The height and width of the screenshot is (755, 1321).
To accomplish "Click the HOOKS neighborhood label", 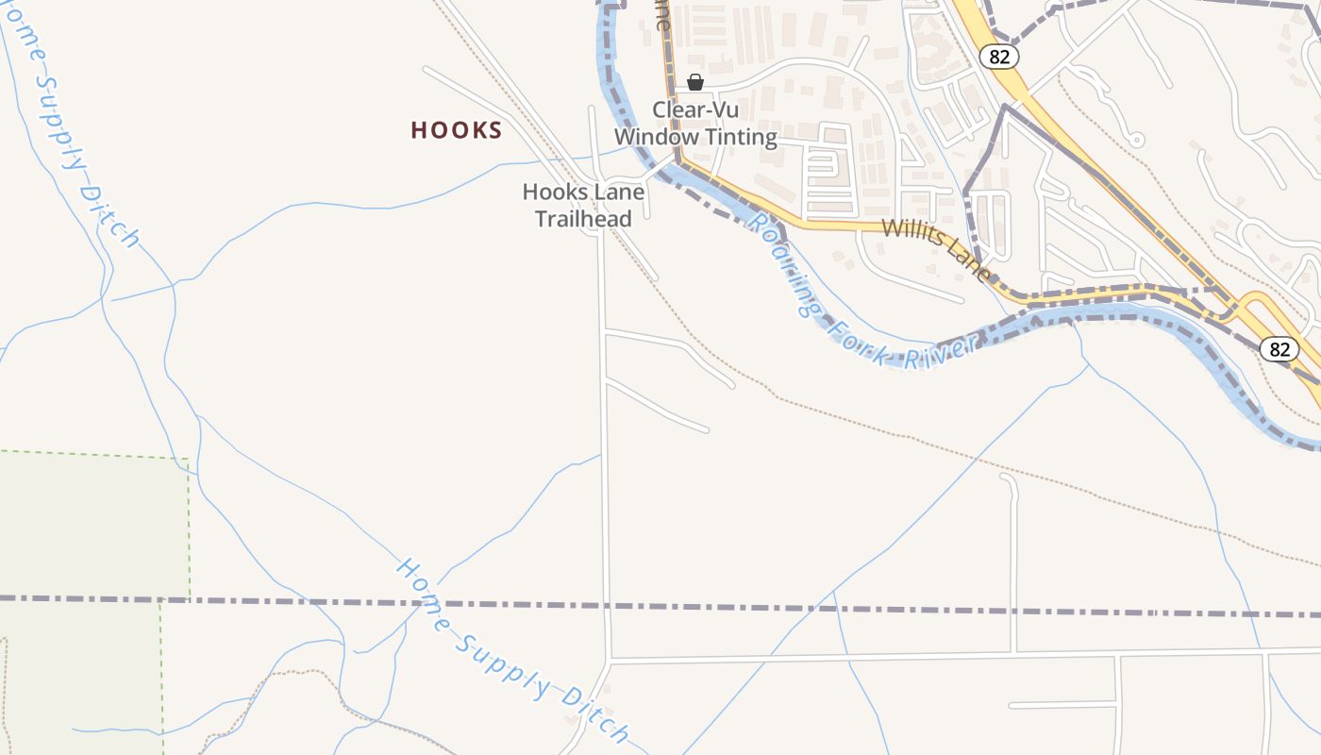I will click(x=456, y=130).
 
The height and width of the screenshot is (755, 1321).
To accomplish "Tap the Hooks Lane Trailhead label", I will click(x=583, y=206).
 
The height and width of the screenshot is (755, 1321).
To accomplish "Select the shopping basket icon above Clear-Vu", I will click(x=695, y=82).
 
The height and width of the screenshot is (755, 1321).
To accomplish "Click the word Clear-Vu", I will click(x=695, y=109).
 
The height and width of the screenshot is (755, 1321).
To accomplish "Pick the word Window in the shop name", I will click(x=655, y=138).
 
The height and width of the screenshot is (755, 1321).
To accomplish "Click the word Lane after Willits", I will click(x=971, y=263).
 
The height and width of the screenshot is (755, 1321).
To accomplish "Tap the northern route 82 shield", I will click(x=999, y=57).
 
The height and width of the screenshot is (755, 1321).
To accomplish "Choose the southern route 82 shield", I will click(x=1279, y=349).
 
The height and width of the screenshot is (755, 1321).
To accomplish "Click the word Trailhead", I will click(x=583, y=219).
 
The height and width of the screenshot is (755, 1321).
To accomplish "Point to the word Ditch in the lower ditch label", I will click(x=594, y=713).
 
